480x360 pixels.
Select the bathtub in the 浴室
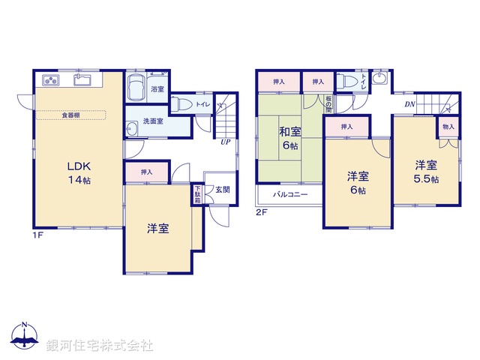click(137, 89)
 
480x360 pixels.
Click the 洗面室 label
click(154, 121)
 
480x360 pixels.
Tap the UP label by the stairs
click(224, 141)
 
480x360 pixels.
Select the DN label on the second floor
click(410, 104)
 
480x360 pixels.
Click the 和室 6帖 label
click(289, 139)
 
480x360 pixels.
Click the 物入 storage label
click(448, 127)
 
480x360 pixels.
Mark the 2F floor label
click(261, 212)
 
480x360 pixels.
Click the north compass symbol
click(25, 337)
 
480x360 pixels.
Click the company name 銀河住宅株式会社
click(100, 346)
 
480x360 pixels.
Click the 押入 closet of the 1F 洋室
click(147, 172)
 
